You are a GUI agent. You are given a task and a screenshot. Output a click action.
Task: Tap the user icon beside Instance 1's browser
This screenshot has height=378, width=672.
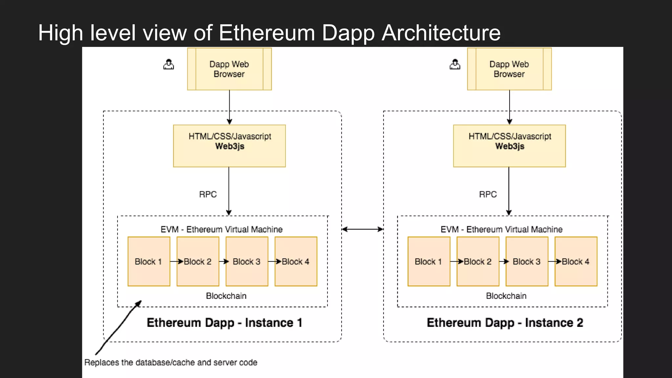tap(169, 64)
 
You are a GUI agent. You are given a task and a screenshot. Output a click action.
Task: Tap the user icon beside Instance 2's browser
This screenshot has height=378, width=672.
tap(455, 64)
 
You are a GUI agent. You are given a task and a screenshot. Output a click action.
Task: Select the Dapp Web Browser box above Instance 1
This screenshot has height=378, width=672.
tap(229, 69)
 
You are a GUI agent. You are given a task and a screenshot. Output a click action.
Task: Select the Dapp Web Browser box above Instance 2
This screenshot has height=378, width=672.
tap(509, 69)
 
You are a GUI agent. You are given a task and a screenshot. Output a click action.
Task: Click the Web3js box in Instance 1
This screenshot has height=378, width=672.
tap(229, 146)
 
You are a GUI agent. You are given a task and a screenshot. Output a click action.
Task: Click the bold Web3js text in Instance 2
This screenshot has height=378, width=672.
tap(510, 146)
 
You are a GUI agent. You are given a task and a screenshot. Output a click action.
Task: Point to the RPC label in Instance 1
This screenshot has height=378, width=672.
tap(208, 194)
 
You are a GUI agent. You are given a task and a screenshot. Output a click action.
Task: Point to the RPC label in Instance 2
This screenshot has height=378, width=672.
tap(488, 194)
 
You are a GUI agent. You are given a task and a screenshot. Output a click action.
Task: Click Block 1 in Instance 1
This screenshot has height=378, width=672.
tap(149, 262)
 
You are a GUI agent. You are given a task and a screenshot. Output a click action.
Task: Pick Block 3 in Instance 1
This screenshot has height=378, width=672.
tap(247, 262)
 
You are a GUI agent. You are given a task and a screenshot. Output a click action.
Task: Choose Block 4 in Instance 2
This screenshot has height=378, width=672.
tap(576, 262)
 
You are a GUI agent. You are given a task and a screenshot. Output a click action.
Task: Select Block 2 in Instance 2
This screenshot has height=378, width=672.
tap(478, 262)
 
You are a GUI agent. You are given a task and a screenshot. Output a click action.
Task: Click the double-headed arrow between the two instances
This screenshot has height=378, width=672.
tap(362, 229)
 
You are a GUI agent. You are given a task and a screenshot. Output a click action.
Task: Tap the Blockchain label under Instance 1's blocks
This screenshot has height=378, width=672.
tap(226, 296)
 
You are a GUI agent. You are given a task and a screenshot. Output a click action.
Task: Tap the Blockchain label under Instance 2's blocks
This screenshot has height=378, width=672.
tap(506, 296)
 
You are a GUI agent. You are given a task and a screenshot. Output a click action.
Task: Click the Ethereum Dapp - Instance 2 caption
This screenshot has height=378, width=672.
tap(505, 323)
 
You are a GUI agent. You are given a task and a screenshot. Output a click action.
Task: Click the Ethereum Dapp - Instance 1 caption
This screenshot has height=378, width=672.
tap(224, 323)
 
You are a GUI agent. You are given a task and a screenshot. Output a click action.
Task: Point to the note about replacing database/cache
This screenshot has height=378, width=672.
tap(171, 362)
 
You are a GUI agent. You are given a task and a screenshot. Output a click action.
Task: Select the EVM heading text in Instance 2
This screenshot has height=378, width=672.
tap(501, 229)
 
